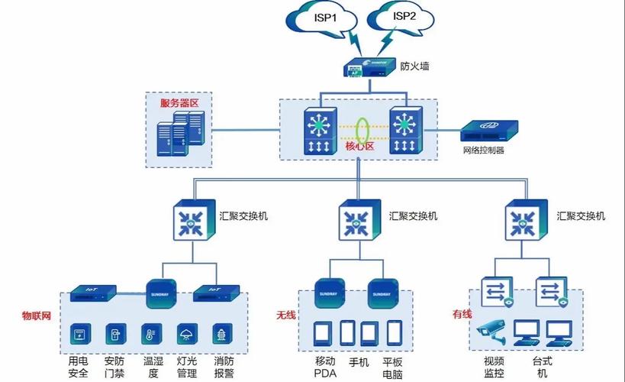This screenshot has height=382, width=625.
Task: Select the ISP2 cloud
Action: coord(403,17)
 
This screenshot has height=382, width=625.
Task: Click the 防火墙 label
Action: coord(414,66)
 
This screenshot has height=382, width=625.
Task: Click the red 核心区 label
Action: coord(360,146)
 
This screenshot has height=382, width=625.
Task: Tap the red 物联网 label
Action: coord(36,314)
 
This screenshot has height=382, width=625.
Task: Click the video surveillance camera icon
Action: coord(490,331)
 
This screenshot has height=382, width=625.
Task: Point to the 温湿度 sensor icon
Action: coord(151,333)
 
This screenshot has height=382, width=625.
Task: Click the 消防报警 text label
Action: coord(224,367)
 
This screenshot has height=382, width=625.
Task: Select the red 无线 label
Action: coord(286,314)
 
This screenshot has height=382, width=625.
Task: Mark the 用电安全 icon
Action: coord(79,333)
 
